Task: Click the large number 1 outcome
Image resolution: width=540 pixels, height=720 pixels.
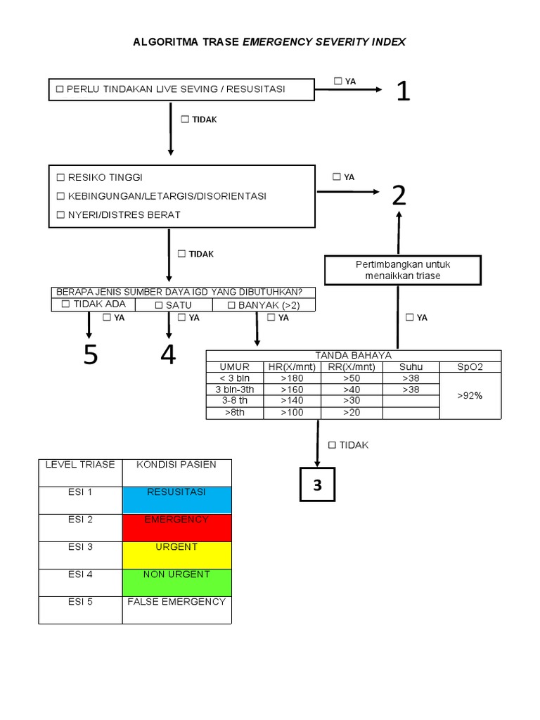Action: pos(402,91)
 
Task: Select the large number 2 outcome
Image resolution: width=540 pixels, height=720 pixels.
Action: pos(399,195)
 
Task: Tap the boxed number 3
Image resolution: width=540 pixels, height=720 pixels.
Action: pos(317,484)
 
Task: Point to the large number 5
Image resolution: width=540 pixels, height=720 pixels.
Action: pos(90,355)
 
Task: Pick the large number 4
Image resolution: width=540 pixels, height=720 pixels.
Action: pos(168,355)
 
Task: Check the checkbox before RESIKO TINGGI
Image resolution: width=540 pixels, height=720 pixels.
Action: pos(60,178)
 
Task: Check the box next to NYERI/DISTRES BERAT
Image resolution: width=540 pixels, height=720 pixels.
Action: pos(60,215)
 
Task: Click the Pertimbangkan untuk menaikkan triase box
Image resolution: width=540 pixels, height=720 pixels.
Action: pos(402,270)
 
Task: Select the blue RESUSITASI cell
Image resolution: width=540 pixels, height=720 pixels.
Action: pos(176,500)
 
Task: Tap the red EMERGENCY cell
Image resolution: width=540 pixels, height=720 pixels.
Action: pos(176,527)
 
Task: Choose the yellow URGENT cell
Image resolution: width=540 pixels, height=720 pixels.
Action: pos(176,555)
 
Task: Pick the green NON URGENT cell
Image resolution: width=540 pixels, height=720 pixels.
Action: pos(176,582)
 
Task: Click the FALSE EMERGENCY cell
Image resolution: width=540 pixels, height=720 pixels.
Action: pos(176,610)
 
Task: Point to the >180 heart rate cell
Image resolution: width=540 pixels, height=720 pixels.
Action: pos(292,378)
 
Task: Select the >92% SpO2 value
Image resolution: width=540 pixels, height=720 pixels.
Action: pos(470,396)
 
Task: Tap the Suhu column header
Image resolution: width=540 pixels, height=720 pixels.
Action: pos(411,367)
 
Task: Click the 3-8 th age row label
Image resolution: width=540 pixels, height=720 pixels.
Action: pos(234,401)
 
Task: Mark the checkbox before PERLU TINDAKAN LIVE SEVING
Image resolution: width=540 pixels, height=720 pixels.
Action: pos(60,89)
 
